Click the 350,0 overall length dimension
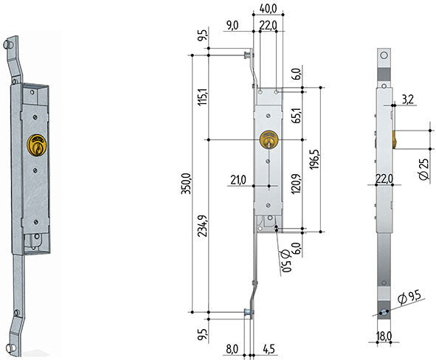coord(186,184)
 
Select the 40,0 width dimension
coord(268,9)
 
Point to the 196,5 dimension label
coord(314,159)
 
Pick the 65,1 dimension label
coord(297,115)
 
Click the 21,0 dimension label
coord(238,180)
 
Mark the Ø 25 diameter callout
coord(424,170)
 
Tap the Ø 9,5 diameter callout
coord(409,297)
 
